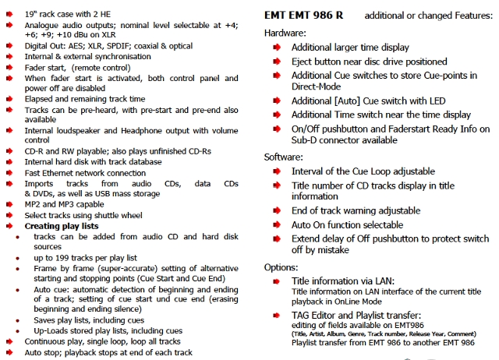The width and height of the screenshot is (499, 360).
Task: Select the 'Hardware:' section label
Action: [285, 33]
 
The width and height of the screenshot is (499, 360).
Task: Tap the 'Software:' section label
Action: [284, 157]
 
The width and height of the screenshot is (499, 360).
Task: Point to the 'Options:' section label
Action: [282, 266]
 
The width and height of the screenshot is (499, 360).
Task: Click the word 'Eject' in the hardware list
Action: [304, 62]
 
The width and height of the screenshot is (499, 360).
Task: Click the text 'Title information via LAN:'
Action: [343, 281]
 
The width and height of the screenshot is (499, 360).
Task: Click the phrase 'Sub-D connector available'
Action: [349, 141]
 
